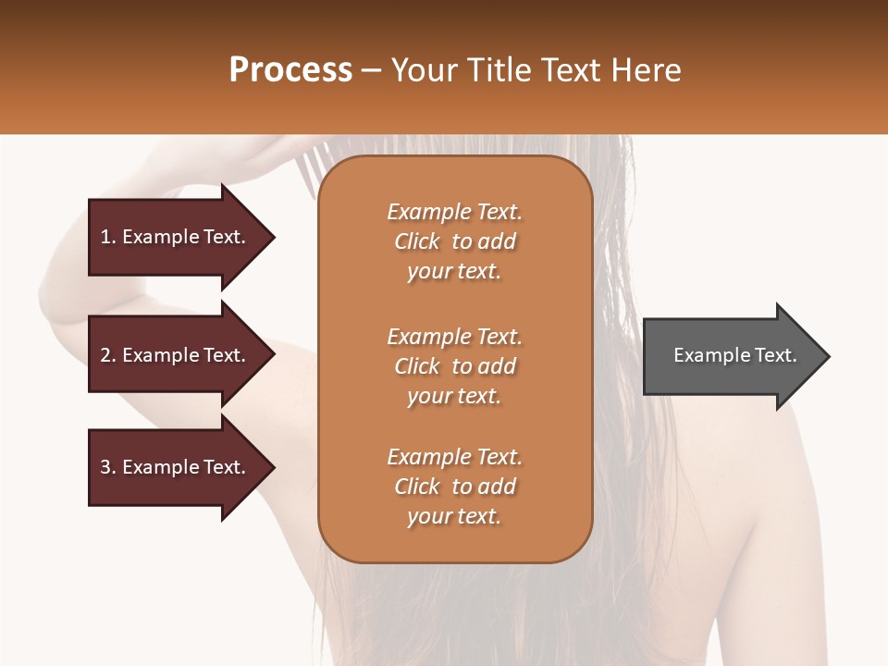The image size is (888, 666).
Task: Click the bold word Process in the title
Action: (x=290, y=70)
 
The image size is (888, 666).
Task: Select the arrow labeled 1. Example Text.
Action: (x=176, y=237)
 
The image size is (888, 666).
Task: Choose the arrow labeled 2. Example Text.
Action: (x=176, y=355)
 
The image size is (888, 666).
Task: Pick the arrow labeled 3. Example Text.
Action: (x=176, y=467)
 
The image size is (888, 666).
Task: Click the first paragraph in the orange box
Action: (x=454, y=241)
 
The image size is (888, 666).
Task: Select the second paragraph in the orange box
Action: (x=454, y=366)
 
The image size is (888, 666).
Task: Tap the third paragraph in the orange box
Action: (x=454, y=487)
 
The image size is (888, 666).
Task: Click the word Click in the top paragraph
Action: (x=417, y=241)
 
